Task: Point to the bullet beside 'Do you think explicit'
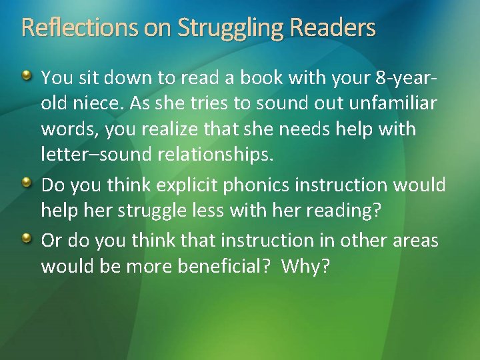coord(27,183)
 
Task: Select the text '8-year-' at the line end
coord(407,78)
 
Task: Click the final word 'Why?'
coord(305,266)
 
